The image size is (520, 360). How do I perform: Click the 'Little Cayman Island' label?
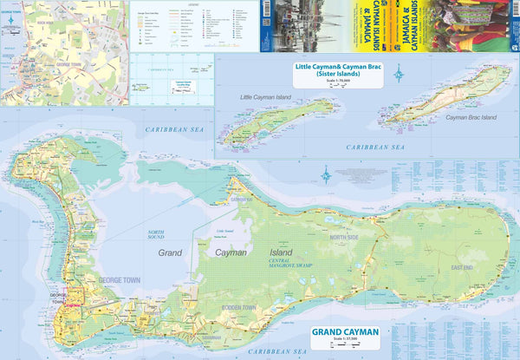pos(266,97)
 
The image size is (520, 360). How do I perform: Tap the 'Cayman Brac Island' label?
pos(471,116)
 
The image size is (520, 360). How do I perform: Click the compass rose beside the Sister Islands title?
pos(398,74)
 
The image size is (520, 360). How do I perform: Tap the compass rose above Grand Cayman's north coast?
pos(326,179)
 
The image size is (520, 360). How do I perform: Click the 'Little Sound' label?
pos(224,231)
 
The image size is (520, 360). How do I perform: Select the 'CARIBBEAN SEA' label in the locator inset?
pos(159,68)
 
